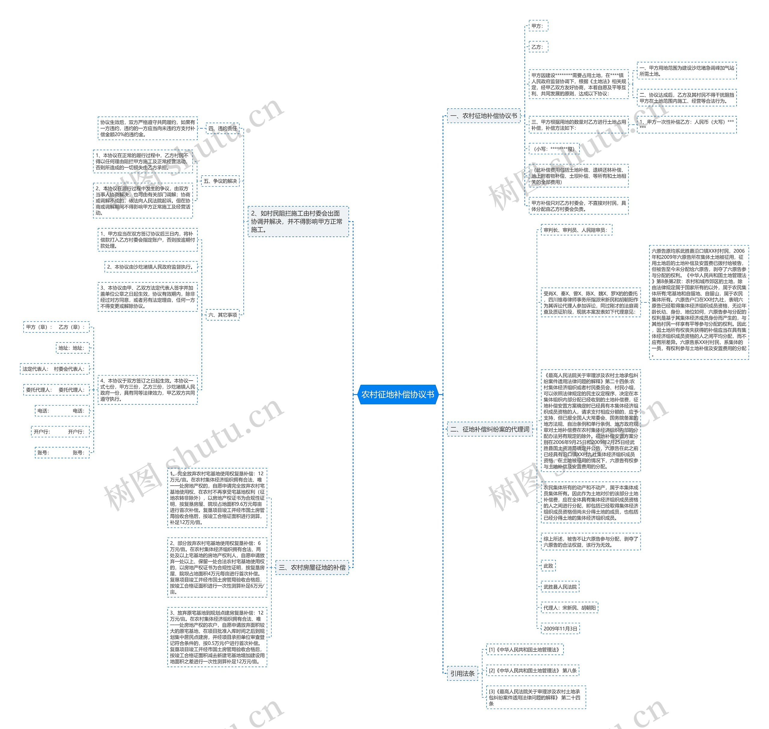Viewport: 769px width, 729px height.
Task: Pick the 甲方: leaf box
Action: [x=538, y=26]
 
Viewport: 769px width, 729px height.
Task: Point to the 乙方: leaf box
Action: [x=538, y=47]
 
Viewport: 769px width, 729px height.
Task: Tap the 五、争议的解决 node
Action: [x=220, y=181]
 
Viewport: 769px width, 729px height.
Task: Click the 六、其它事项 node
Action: [x=222, y=315]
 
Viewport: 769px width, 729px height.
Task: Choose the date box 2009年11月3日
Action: [x=560, y=628]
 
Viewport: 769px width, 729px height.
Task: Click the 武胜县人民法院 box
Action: [x=560, y=587]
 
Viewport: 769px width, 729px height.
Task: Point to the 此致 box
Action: [x=548, y=566]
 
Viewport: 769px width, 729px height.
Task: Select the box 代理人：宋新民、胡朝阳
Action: [x=569, y=608]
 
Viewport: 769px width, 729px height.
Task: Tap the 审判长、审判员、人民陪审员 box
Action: [x=576, y=230]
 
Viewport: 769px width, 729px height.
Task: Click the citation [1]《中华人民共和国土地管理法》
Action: [x=524, y=650]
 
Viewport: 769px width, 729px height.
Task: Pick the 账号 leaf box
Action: [x=62, y=453]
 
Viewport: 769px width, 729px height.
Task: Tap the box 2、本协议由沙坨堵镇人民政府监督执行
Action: [x=151, y=267]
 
